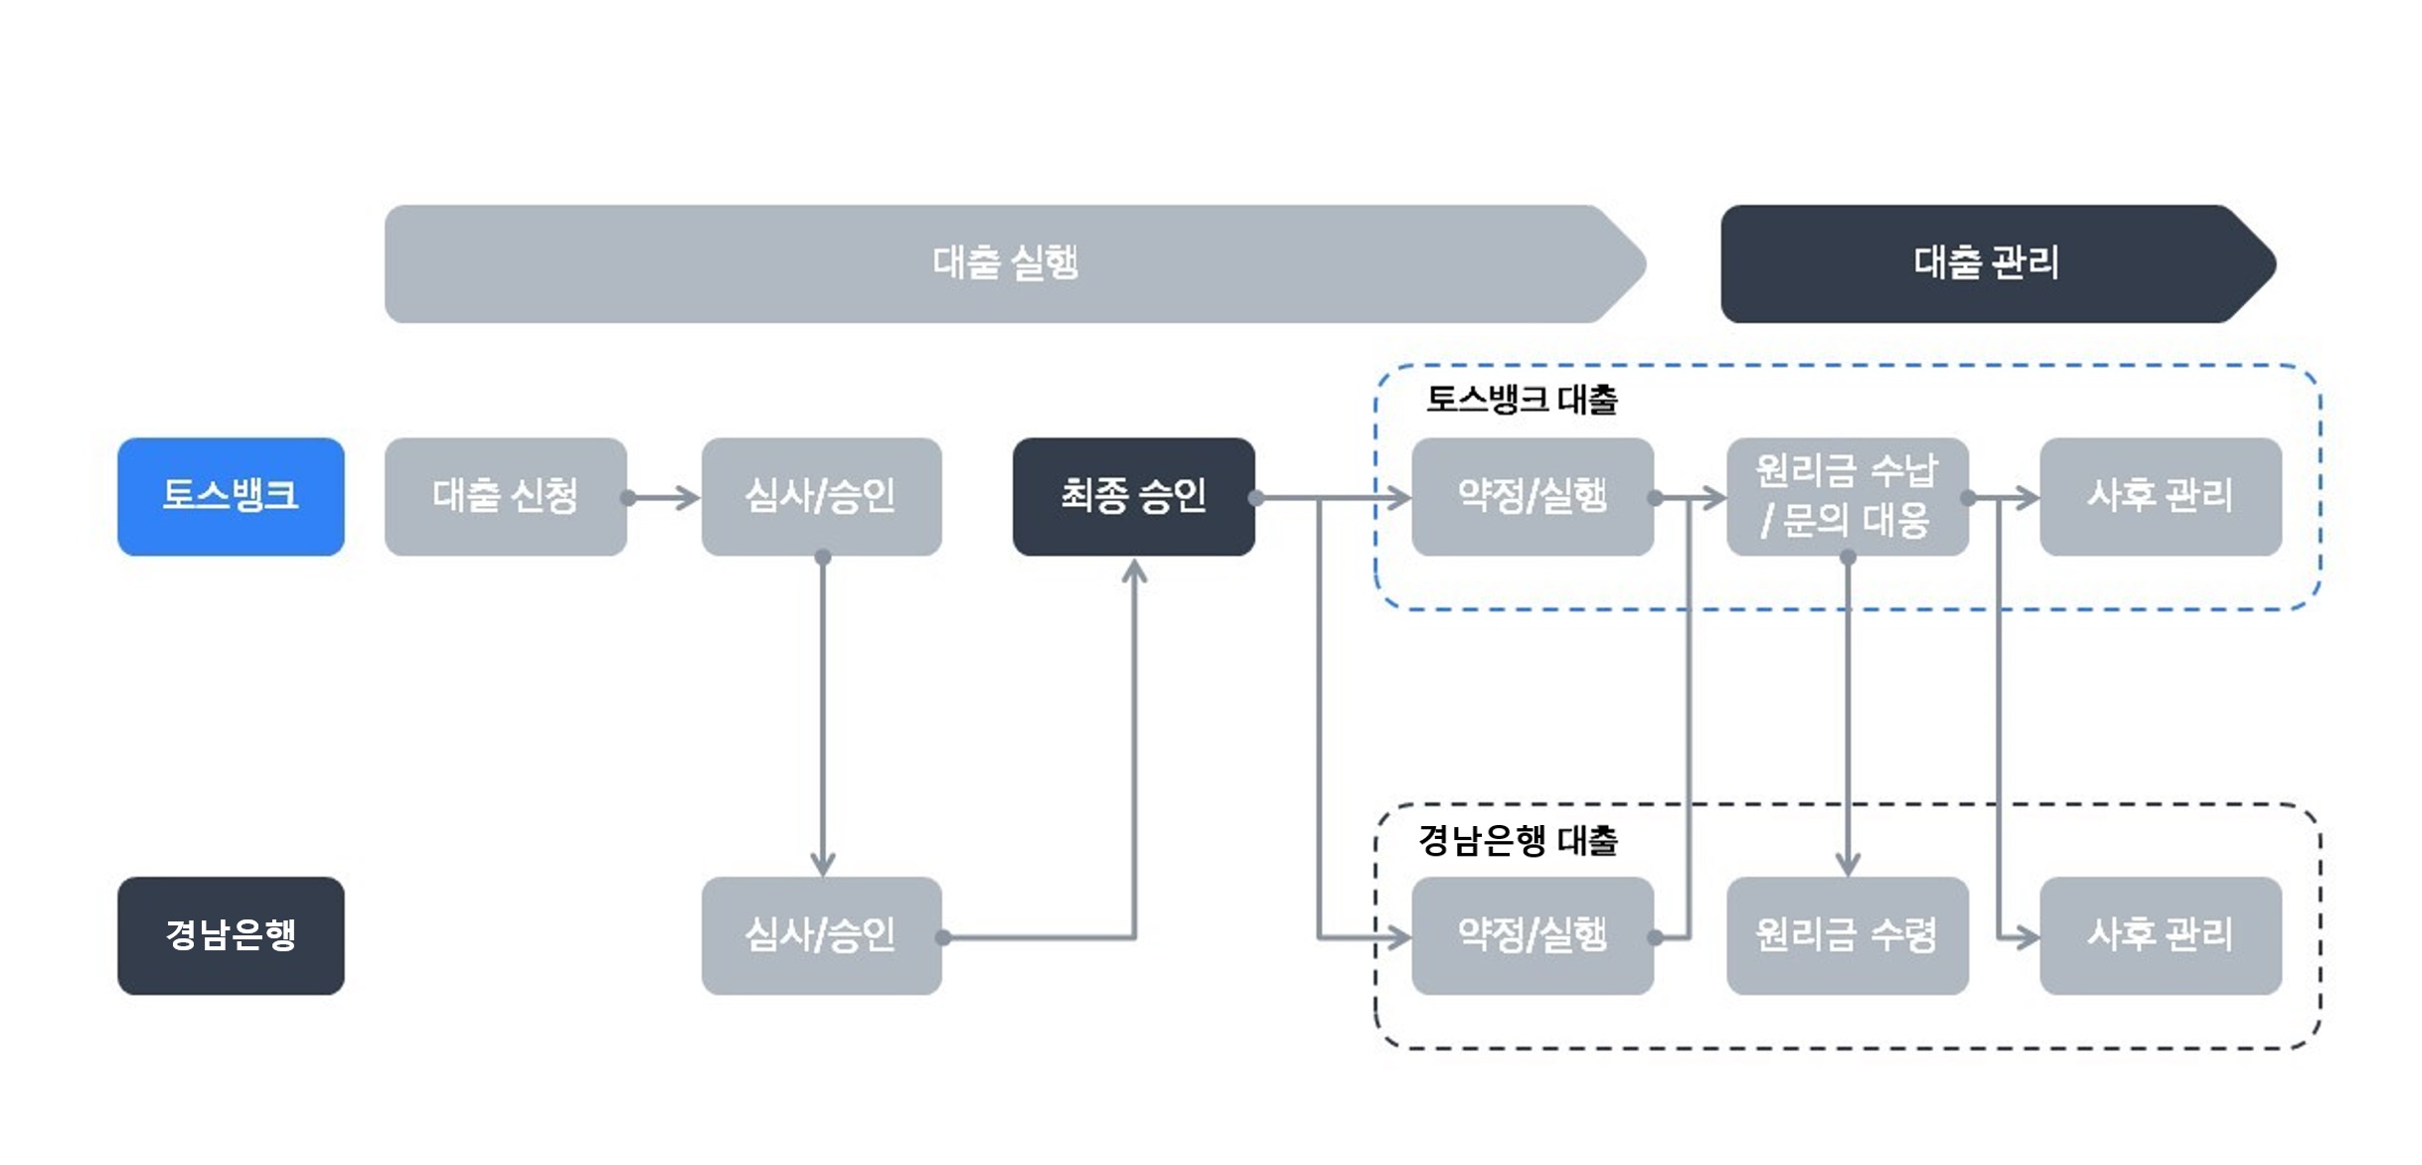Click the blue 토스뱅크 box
coord(231,496)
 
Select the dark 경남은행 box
coord(231,934)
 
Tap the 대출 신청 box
coord(505,496)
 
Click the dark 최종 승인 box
coord(1133,496)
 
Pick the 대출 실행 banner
coord(1004,263)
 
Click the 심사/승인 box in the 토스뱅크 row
coord(821,496)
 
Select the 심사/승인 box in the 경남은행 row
coord(821,934)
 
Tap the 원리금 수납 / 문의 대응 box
coord(1847,496)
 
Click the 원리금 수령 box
coord(1847,934)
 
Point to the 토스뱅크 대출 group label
coord(1521,400)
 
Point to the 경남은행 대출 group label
coord(1518,841)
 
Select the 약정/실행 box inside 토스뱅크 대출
coord(1533,496)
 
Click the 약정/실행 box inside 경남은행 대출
coord(1533,934)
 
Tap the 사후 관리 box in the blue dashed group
coord(2160,496)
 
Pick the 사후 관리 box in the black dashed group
coord(2160,934)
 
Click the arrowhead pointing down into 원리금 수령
coord(1848,864)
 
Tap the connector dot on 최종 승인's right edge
coord(1256,497)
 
